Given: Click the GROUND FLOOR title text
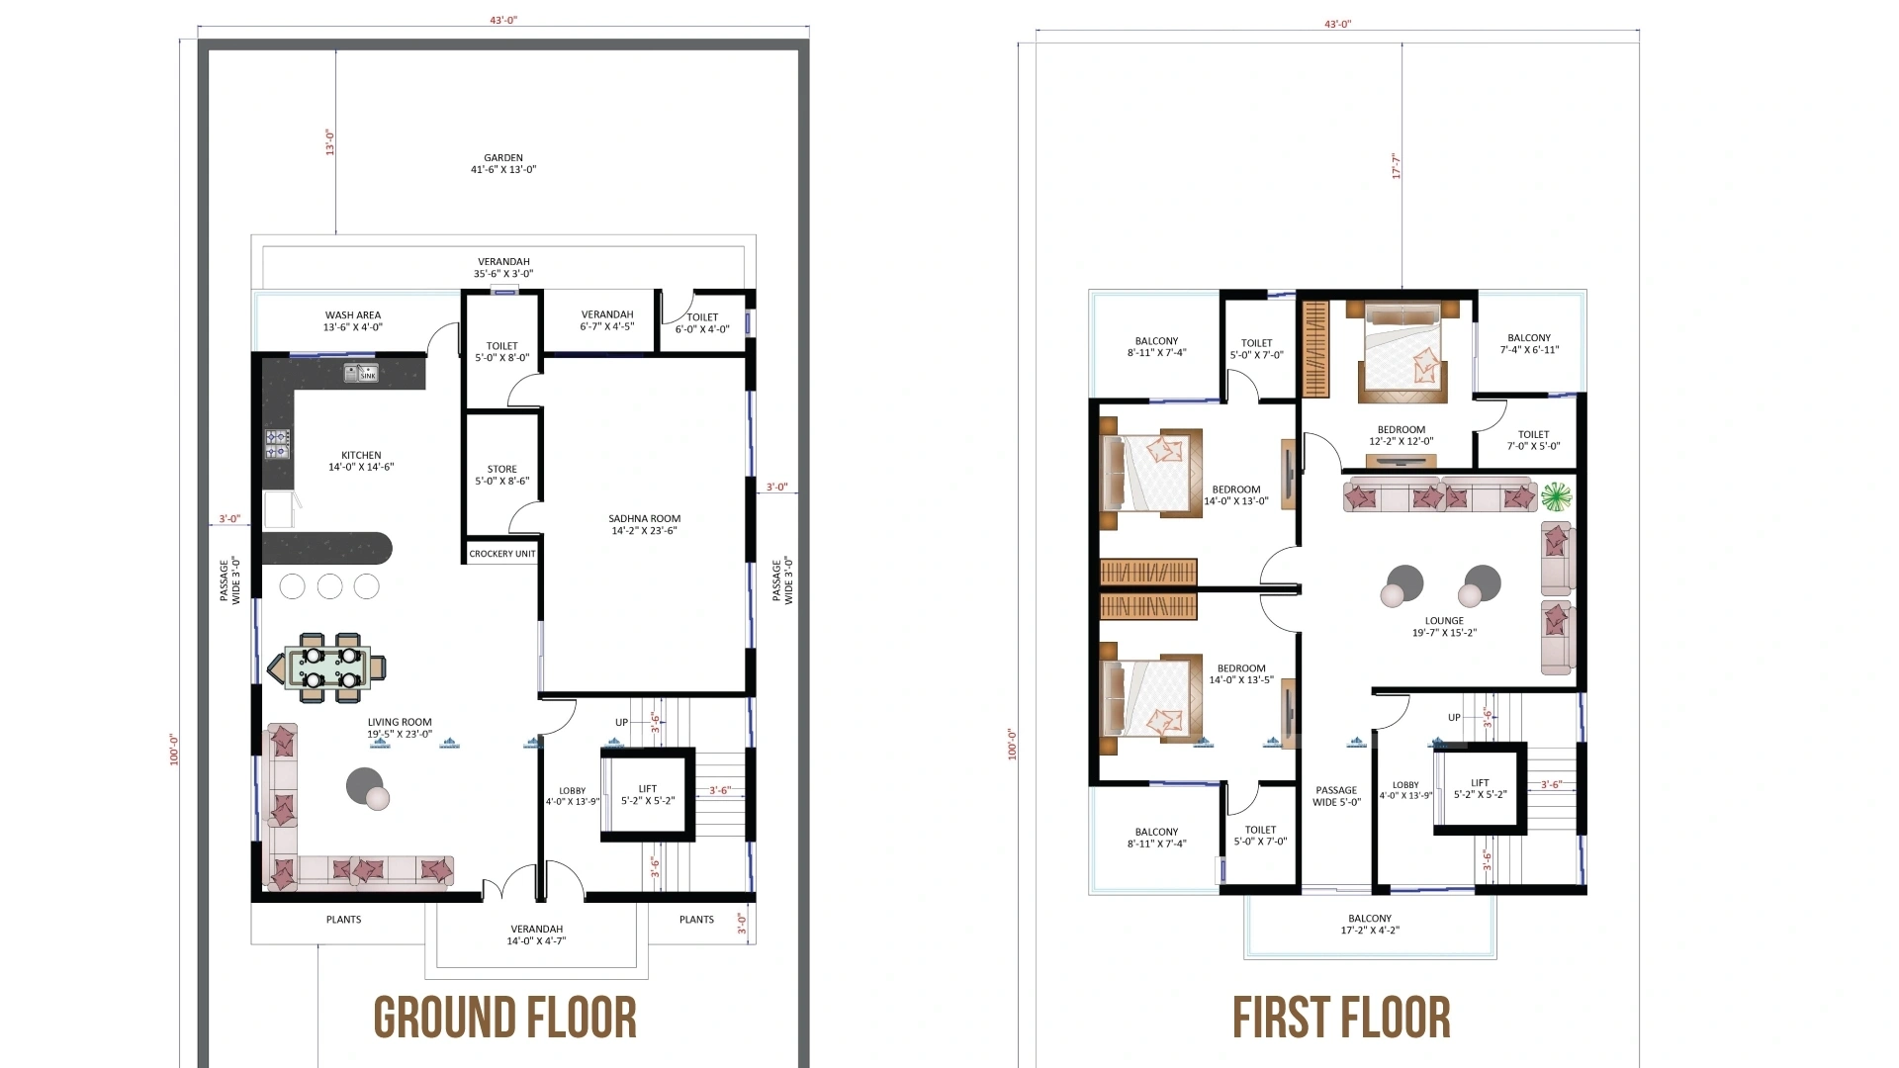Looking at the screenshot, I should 504,1019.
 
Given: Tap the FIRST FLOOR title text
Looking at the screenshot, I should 1341,1019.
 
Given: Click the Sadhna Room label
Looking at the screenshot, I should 644,524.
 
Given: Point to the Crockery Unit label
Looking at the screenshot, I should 502,554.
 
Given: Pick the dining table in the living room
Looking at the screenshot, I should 329,667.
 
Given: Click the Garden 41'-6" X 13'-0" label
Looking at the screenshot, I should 503,163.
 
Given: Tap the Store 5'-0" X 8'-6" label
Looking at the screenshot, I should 502,475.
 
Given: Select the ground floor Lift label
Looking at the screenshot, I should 648,795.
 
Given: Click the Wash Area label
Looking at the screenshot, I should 353,320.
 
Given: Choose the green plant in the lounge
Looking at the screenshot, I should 1556,494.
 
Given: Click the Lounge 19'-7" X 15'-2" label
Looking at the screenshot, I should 1444,627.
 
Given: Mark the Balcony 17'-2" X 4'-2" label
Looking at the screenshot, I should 1370,924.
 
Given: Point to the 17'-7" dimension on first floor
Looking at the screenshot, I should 1396,165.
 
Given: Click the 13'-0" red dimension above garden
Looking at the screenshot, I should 330,141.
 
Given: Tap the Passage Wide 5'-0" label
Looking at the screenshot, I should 1336,796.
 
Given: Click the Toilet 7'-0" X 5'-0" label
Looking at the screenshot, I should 1533,440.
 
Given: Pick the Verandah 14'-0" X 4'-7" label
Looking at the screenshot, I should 536,934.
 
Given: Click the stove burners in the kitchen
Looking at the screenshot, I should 277,444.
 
